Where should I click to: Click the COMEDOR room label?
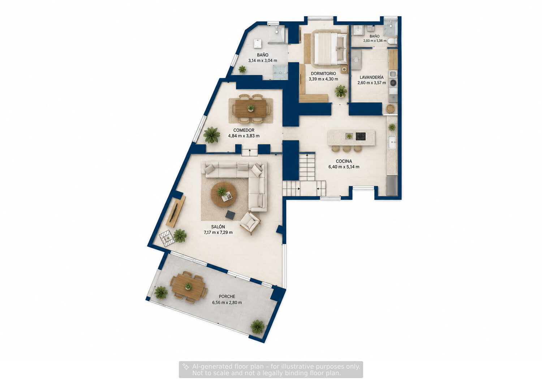[x=244, y=130]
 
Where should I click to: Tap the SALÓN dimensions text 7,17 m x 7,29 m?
[x=218, y=233]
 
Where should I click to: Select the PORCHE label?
[x=227, y=296]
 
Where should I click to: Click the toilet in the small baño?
[x=392, y=41]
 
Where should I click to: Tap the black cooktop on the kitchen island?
[x=361, y=137]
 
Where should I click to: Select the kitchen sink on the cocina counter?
[x=392, y=142]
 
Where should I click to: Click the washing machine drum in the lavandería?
[x=393, y=82]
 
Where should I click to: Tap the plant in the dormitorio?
[x=341, y=91]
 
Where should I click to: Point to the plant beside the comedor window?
[x=211, y=135]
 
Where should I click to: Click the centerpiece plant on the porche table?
[x=188, y=286]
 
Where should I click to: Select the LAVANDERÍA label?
[x=371, y=77]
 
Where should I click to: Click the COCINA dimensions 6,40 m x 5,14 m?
[x=344, y=167]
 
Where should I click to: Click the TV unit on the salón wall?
[x=176, y=211]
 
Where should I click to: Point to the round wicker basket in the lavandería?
[x=390, y=108]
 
